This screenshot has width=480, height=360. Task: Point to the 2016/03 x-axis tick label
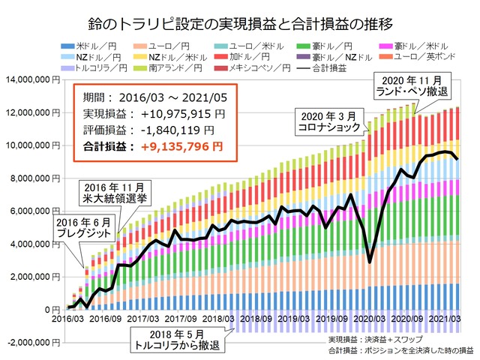[x=70, y=318]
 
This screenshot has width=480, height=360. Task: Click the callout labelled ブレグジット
[x=82, y=228]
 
